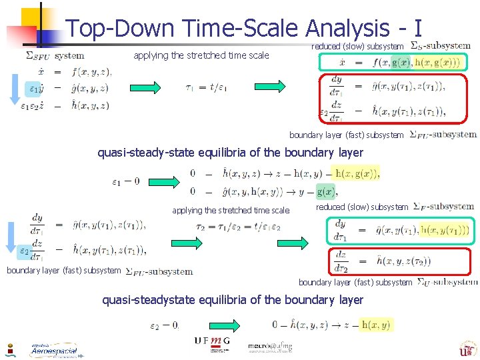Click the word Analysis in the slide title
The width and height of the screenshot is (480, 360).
[347, 28]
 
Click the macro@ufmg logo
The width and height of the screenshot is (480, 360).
[269, 347]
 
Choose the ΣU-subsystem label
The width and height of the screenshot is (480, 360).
[447, 282]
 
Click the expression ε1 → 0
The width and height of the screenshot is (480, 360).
[126, 181]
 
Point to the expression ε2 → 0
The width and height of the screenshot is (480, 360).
[165, 325]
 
